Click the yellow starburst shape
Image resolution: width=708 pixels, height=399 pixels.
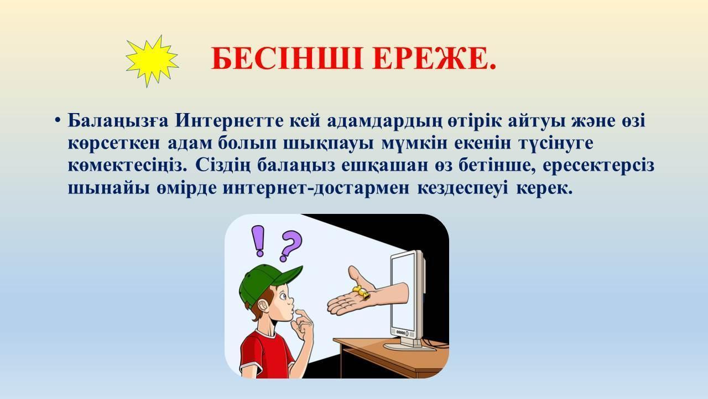[152, 61]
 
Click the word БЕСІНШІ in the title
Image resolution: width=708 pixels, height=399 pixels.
[287, 59]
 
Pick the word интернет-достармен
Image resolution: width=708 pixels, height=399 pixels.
[316, 189]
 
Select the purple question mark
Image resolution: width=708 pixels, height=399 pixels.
[290, 245]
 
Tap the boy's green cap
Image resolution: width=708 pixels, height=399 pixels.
[267, 283]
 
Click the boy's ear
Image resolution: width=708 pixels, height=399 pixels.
[263, 307]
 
